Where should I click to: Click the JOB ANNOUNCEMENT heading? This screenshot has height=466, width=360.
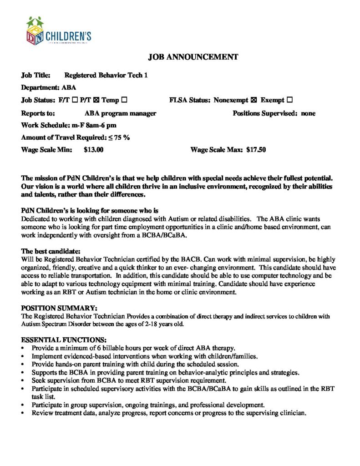[193, 57]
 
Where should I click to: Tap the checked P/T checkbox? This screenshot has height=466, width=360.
[97, 100]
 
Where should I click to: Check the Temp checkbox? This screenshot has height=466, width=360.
[124, 100]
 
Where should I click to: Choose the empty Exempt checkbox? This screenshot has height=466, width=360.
[290, 100]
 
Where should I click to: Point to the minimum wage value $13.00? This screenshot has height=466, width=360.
[94, 150]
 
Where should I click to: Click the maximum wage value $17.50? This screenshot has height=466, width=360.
[256, 150]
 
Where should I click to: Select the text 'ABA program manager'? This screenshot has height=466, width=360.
[121, 113]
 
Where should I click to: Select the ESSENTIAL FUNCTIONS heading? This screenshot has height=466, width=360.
[64, 340]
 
